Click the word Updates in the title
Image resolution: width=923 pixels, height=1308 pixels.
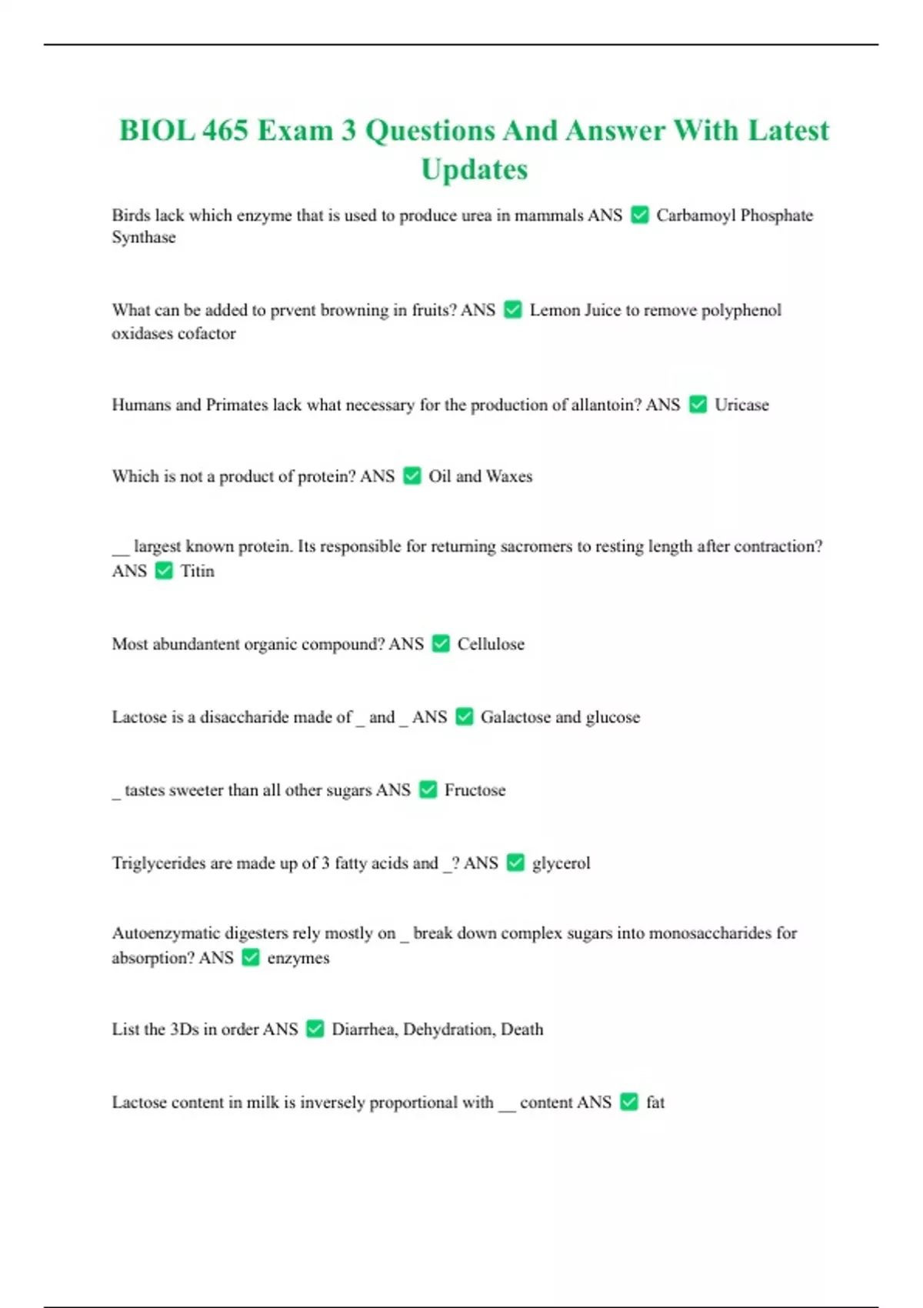click(474, 169)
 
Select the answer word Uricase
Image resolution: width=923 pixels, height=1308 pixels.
click(741, 405)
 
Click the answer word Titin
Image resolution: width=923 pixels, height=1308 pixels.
click(197, 571)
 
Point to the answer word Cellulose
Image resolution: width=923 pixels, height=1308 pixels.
click(491, 644)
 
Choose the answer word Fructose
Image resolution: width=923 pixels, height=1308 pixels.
click(475, 790)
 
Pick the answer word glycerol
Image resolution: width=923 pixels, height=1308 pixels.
click(561, 863)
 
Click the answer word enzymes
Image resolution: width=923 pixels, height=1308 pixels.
click(298, 958)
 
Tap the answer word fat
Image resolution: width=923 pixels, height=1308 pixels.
click(655, 1102)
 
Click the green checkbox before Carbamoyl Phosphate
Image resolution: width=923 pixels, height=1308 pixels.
click(639, 215)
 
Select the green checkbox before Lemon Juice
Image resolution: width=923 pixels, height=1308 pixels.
click(512, 309)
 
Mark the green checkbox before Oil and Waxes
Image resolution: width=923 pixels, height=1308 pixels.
click(412, 475)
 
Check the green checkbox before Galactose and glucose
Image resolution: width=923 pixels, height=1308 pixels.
click(464, 716)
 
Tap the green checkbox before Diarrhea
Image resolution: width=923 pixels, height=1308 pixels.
click(315, 1029)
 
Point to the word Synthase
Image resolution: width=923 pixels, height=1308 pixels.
click(144, 238)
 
